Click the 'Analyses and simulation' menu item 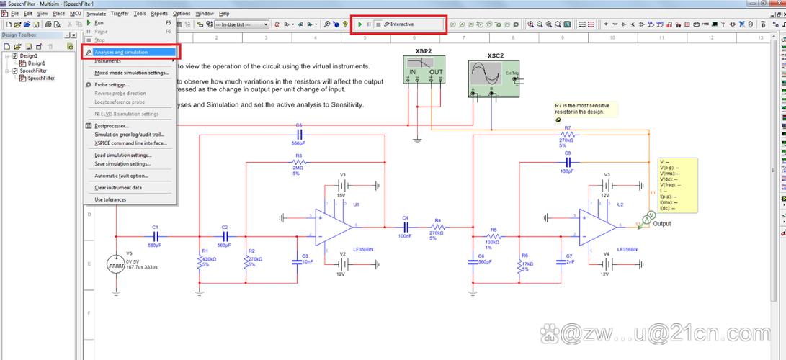[x=121, y=52]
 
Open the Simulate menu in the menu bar [x=96, y=13]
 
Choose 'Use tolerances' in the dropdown [x=110, y=199]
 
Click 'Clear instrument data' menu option [x=117, y=187]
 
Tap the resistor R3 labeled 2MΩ [x=298, y=163]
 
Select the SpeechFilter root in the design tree [x=33, y=71]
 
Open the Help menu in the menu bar [x=224, y=13]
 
